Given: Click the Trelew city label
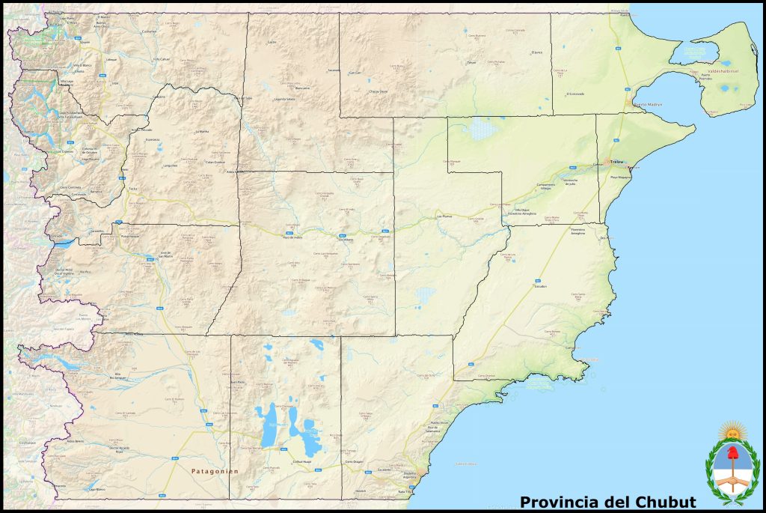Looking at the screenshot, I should coord(617,162).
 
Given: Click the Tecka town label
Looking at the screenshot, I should coord(132,189).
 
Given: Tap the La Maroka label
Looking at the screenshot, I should coord(201,132).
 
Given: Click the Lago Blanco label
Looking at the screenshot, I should coord(95,489).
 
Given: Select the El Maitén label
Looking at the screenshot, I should coord(103,16).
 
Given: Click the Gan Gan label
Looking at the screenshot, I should coord(355,73).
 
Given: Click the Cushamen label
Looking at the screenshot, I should coord(149,31).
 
